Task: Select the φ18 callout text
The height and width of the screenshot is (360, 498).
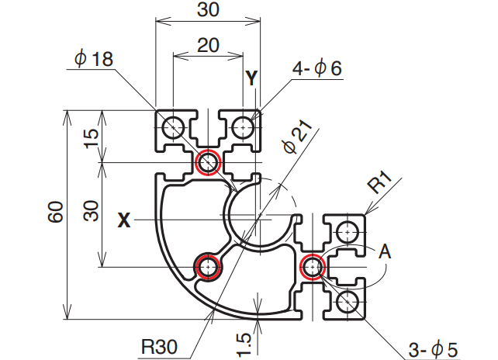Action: pos(95,60)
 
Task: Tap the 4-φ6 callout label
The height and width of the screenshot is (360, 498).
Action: pos(316,68)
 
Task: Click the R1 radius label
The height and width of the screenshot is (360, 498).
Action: pos(381,185)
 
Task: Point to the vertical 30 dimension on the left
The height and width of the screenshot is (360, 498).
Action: pos(92,211)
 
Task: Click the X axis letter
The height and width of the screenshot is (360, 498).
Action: pos(123,221)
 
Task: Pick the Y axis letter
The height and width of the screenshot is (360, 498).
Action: pos(251,77)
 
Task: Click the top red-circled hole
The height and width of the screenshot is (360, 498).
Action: pos(208,163)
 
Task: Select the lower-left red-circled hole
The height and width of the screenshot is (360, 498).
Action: pos(207,267)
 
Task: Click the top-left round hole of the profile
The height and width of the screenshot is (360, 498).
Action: pos(172,125)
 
